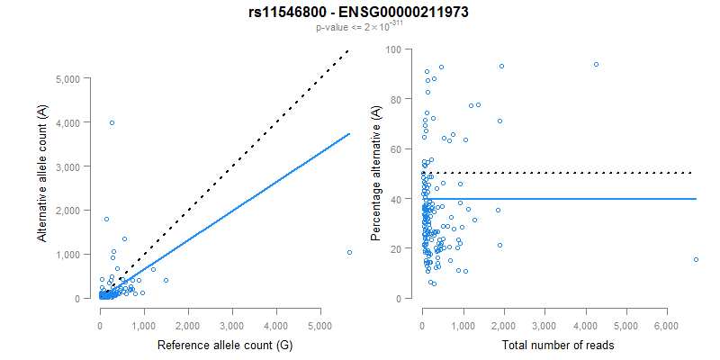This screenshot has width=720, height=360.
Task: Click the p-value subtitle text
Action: [x=359, y=28]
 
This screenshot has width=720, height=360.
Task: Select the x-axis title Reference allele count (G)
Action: [x=225, y=345]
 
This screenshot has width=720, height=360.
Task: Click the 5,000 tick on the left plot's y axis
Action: [x=71, y=79]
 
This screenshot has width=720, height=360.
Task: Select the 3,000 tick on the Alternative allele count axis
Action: [x=71, y=166]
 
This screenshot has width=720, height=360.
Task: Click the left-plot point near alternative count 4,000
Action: [x=112, y=123]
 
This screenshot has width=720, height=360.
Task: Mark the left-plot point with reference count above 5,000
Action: [x=349, y=252]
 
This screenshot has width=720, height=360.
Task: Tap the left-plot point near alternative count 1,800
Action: [x=106, y=219]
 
